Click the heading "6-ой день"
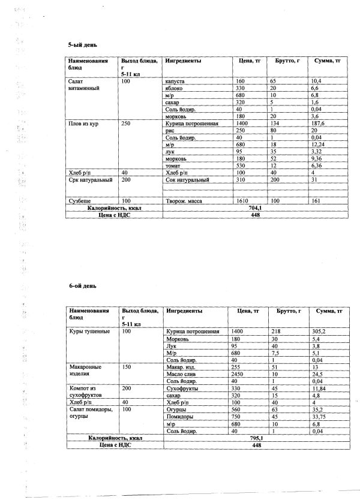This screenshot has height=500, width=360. (x=81, y=287)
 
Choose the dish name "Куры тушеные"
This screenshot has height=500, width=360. (x=89, y=332)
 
